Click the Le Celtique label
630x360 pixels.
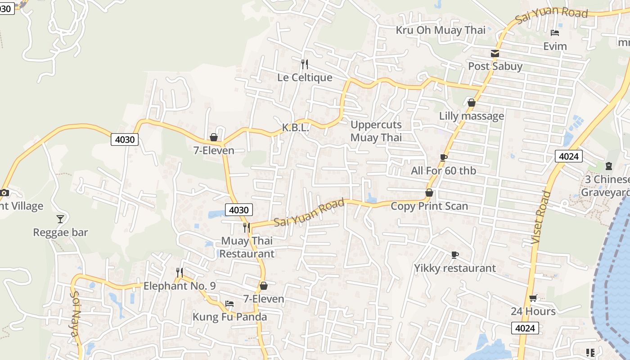[x=305, y=77]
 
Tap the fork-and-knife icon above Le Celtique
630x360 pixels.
[x=305, y=64]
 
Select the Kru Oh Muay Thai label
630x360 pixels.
[x=441, y=30]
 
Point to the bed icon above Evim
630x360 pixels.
[x=555, y=33]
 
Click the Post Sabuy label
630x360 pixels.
[x=495, y=66]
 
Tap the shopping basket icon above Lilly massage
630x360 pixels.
[x=472, y=103]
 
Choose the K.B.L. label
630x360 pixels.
[x=295, y=128]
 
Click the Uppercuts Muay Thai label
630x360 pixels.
[x=376, y=131]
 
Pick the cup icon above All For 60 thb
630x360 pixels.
[x=444, y=157]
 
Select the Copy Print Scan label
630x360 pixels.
[x=429, y=206]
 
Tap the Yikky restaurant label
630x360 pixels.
[x=455, y=268]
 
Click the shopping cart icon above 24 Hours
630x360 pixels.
[x=533, y=298]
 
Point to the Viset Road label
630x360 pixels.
[x=541, y=218]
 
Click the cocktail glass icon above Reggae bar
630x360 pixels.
[x=60, y=219]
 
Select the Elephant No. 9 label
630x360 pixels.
[x=180, y=286]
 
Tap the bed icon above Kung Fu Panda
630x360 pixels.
[x=229, y=304]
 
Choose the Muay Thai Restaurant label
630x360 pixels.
[x=247, y=247]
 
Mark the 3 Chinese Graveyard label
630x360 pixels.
[x=606, y=186]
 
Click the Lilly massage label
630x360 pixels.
[x=472, y=116]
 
